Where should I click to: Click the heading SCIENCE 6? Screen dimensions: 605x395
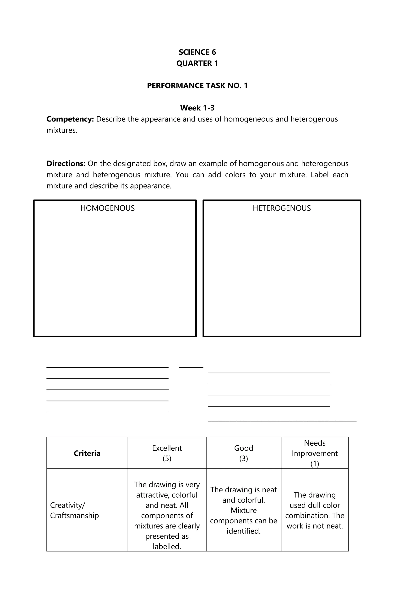tap(197, 52)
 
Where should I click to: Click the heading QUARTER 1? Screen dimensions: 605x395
tap(197, 63)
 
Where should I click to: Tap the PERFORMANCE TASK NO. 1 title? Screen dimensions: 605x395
tap(197, 86)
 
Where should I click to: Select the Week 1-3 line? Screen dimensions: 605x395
tap(197, 108)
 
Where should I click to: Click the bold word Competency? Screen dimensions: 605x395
tap(70, 119)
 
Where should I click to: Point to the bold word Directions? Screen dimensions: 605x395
tap(66, 163)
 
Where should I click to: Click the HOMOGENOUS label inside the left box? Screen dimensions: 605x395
tap(107, 208)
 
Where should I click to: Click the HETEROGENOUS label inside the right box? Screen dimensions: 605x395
tap(282, 208)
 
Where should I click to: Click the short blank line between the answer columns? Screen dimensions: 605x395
tap(191, 367)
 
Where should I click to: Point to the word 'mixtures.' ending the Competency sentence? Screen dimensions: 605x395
tap(62, 130)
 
